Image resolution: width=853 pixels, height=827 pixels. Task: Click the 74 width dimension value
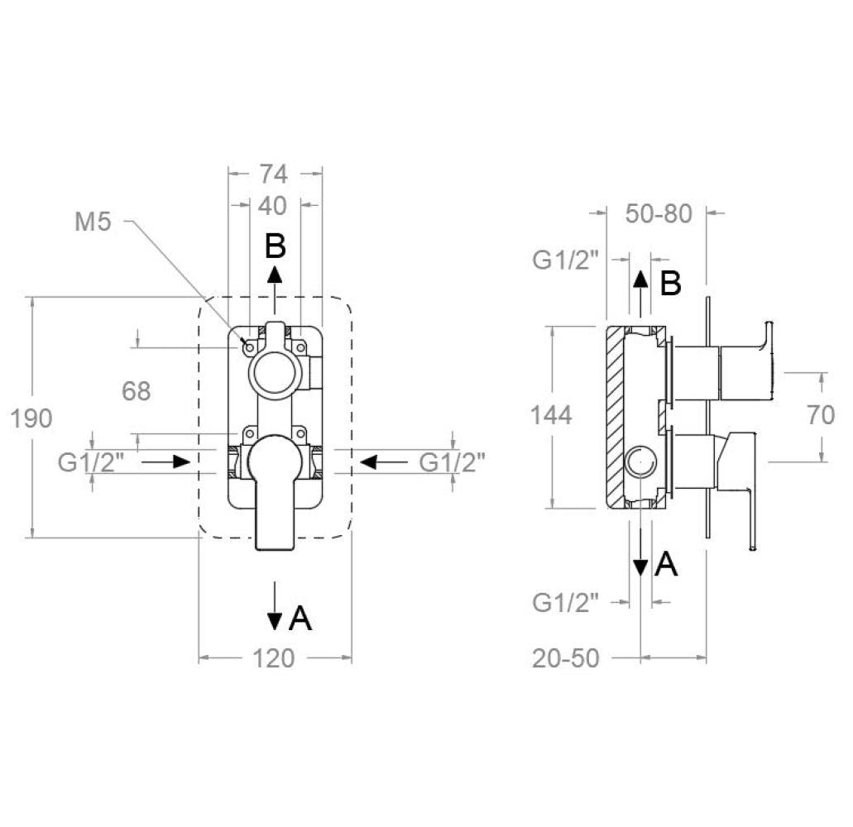coord(274,174)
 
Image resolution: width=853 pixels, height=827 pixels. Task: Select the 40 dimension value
coord(274,204)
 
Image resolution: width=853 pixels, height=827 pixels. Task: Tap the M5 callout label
coord(93,222)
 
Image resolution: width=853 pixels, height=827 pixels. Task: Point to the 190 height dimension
coord(31,418)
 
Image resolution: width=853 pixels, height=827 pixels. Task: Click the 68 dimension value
coord(137,391)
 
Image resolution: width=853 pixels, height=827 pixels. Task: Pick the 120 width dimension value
coord(274,658)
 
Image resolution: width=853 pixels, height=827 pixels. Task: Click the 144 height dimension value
coord(552,414)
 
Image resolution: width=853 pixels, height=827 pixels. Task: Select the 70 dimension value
coord(822,414)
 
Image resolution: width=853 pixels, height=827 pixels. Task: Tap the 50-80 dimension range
coord(659,213)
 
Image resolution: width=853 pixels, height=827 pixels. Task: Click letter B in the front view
coord(276,246)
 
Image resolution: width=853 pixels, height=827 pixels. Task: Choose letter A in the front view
coord(300,618)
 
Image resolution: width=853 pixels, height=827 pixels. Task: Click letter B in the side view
coord(670,284)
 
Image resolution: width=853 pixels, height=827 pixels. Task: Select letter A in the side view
coord(666,565)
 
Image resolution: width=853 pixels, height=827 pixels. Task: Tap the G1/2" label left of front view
coord(91,461)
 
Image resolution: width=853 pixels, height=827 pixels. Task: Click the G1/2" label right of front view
coord(452,461)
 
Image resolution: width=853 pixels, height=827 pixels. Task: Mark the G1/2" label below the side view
coord(565,603)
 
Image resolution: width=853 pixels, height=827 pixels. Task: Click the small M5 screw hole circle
coord(247,347)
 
